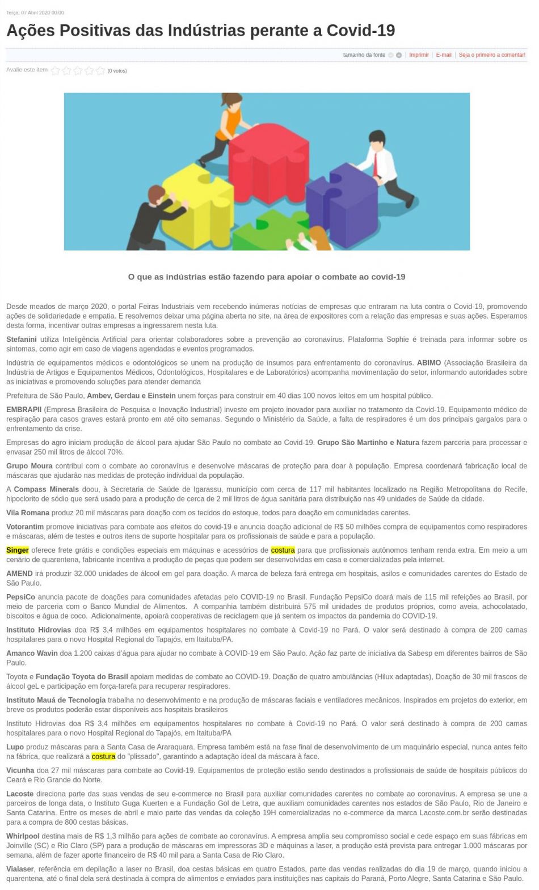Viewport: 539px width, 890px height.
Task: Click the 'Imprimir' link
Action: [419, 55]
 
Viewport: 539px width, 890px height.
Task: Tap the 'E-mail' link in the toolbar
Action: [444, 55]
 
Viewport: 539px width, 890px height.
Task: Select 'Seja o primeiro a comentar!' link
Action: [492, 55]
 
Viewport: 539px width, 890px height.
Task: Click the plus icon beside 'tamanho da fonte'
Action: [399, 55]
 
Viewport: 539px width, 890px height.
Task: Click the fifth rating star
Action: [100, 71]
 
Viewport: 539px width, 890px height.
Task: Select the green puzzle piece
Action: [267, 232]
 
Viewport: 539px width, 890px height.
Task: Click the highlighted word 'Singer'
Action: [18, 550]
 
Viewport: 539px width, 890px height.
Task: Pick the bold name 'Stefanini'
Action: [22, 340]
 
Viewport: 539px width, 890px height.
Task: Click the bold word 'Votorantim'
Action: [25, 527]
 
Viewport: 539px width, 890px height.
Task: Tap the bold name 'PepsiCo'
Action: [20, 597]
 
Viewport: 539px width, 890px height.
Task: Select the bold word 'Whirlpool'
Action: [23, 836]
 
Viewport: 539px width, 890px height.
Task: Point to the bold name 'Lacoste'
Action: [20, 794]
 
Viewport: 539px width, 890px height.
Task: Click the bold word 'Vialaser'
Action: [20, 869]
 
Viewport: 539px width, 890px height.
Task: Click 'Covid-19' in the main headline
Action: [360, 30]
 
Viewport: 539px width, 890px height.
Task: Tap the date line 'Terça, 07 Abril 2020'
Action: [35, 12]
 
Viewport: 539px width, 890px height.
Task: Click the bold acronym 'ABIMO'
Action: [428, 363]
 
